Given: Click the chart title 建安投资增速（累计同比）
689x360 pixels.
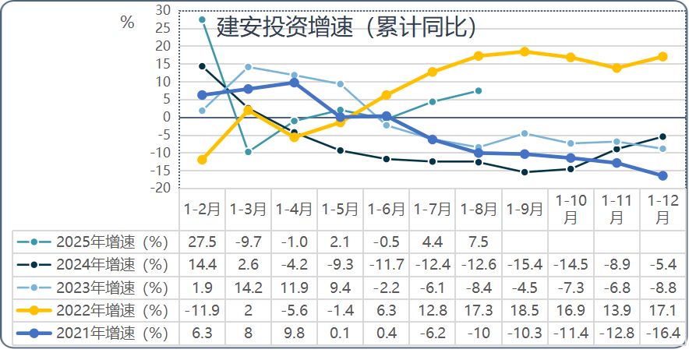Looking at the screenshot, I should point(346,28).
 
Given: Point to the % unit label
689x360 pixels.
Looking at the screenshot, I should point(127,23).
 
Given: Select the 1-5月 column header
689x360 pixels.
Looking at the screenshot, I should point(340,210).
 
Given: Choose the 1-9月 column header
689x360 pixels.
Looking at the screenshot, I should point(525,210).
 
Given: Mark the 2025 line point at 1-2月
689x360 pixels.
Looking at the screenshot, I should point(202,19).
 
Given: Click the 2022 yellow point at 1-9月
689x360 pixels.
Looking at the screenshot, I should point(525,51).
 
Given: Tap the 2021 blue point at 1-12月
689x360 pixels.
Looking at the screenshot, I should point(662,176).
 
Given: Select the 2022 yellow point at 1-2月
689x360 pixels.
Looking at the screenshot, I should point(202,160).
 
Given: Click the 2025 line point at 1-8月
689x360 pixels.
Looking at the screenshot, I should point(479,90).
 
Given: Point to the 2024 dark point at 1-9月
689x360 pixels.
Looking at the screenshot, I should point(525,172).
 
